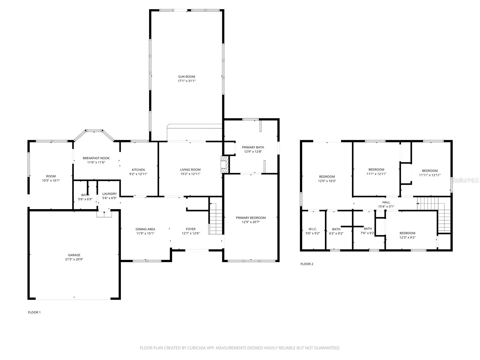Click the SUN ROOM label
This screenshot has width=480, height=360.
pyautogui.click(x=186, y=76)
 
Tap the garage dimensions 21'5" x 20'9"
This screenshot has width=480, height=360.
pyautogui.click(x=74, y=259)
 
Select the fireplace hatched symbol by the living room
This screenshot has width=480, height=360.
pyautogui.click(x=224, y=164)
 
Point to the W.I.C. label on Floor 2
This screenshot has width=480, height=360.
pyautogui.click(x=311, y=229)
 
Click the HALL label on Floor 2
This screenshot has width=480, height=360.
pyautogui.click(x=386, y=202)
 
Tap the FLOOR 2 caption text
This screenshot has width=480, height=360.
pyautogui.click(x=307, y=264)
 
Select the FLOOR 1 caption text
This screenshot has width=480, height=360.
pyautogui.click(x=34, y=312)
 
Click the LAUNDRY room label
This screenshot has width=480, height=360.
pyautogui.click(x=109, y=194)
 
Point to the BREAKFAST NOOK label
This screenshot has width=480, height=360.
pyautogui.click(x=96, y=158)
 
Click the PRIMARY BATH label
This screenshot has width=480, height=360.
pyautogui.click(x=253, y=147)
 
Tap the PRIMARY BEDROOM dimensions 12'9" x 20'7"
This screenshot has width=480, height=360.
pyautogui.click(x=250, y=222)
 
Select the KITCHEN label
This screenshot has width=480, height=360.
pyautogui.click(x=138, y=170)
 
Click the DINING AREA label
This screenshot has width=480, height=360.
pyautogui.click(x=145, y=229)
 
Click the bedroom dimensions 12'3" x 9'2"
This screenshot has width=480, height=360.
pyautogui.click(x=407, y=237)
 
